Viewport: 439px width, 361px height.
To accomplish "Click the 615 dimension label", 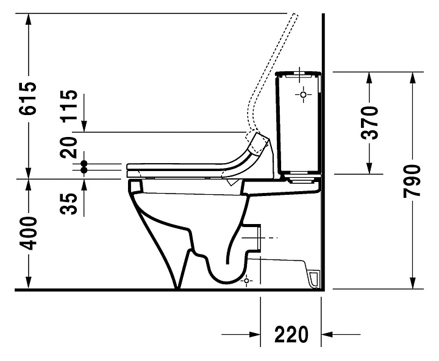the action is [x=28, y=98].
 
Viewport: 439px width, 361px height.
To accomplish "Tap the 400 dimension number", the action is [x=28, y=233].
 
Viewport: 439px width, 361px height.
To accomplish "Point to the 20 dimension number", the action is [x=69, y=147].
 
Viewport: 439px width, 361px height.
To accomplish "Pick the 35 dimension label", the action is [x=69, y=204].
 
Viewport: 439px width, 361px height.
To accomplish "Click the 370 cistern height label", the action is [x=369, y=122].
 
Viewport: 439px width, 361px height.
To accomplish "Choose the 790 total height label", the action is [x=412, y=181].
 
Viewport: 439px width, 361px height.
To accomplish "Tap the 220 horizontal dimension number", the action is [x=291, y=334].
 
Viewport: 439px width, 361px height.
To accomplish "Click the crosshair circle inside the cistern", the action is [x=303, y=95].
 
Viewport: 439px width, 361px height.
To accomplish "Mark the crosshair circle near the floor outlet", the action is [x=246, y=281].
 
